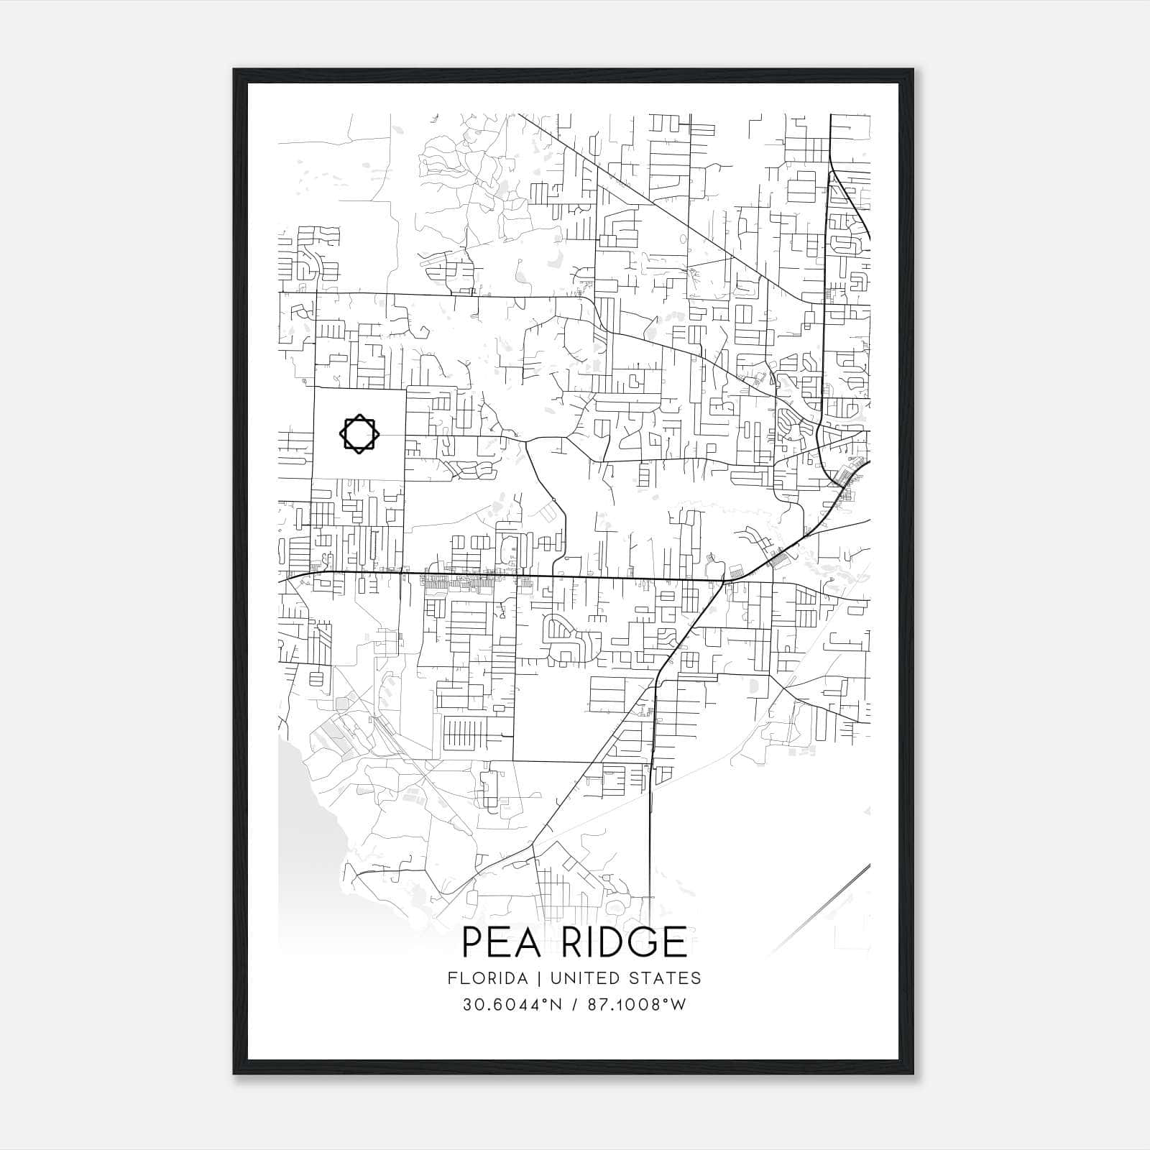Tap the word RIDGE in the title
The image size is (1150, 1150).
[x=624, y=942]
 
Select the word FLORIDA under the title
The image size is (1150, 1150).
[x=482, y=978]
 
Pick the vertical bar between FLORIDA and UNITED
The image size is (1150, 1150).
[x=526, y=978]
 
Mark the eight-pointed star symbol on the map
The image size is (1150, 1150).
[x=357, y=433]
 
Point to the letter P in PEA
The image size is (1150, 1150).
[x=472, y=942]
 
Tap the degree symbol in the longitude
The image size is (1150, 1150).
[x=665, y=1000]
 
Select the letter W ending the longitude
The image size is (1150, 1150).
[x=678, y=1005]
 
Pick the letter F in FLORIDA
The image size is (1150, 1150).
[x=451, y=978]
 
